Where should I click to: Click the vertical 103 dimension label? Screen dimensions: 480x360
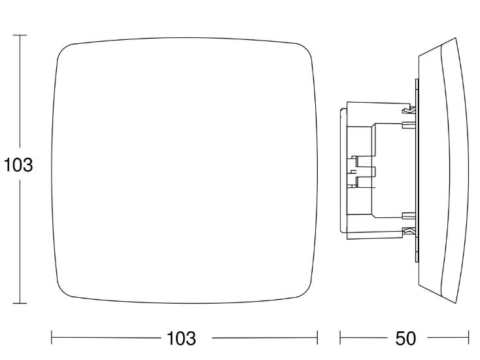point(18,165)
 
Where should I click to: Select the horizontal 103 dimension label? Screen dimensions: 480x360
point(181,338)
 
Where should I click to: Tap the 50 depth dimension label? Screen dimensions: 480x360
point(405,338)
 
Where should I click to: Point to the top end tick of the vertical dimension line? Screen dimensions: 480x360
point(20,35)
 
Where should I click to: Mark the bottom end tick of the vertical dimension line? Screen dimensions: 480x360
point(20,303)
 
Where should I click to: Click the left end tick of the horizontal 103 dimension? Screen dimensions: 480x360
point(52,338)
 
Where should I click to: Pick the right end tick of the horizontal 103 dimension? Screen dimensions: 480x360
point(317,338)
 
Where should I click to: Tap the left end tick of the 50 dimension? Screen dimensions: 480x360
point(340,338)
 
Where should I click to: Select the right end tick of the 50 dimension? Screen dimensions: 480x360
point(468,338)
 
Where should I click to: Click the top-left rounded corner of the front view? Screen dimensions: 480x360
point(62,49)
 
